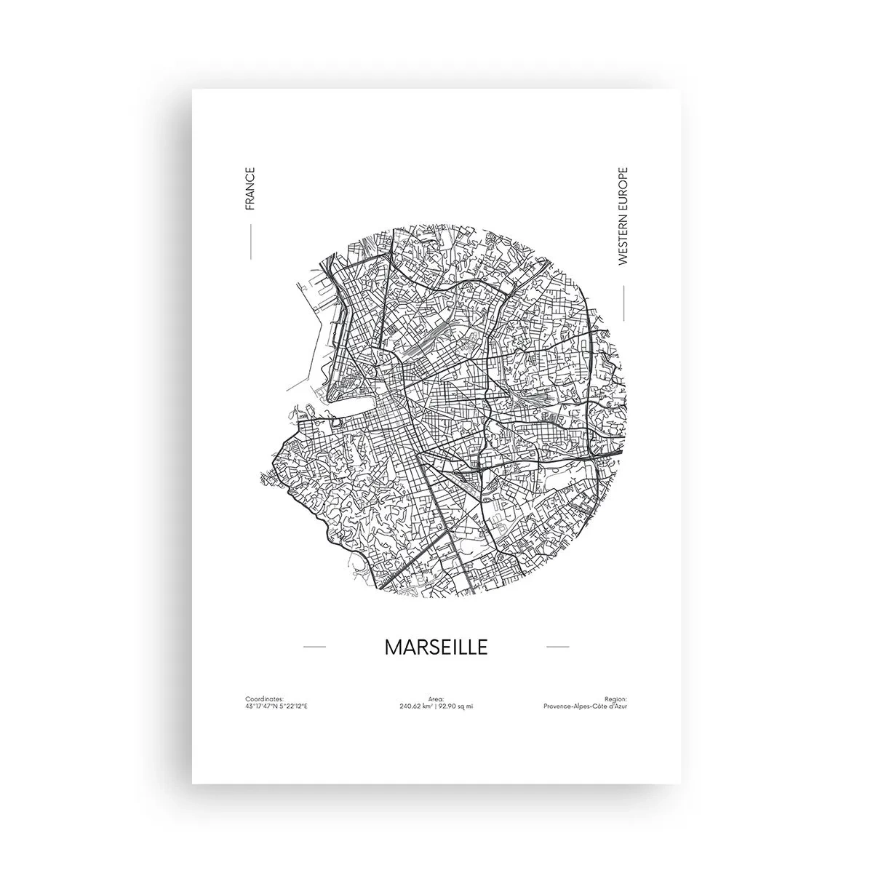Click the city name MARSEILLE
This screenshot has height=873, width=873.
point(436,647)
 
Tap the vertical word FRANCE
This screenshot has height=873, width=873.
point(250,188)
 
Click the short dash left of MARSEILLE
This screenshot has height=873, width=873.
point(314,646)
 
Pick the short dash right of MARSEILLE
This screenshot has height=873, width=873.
point(557,646)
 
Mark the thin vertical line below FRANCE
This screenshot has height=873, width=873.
point(250,242)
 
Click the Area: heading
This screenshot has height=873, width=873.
point(436,698)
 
